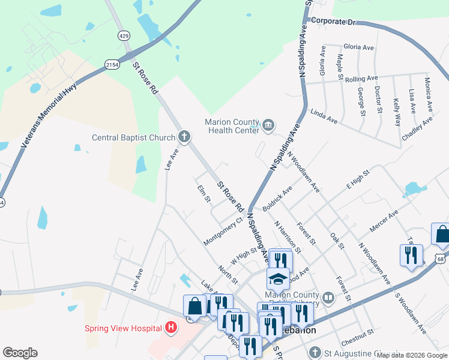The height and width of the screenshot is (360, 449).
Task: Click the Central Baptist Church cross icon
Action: (x=184, y=137)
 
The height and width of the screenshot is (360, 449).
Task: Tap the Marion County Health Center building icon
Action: (x=268, y=125)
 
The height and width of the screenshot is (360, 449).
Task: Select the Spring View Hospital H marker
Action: (x=171, y=328)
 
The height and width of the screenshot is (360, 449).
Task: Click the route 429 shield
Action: (x=124, y=36)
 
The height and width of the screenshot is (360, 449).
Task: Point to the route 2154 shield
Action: (x=111, y=64)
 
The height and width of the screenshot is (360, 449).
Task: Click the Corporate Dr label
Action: (x=334, y=22)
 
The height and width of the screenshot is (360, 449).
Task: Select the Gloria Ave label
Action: (x=358, y=47)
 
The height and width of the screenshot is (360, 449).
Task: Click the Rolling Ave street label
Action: (x=361, y=79)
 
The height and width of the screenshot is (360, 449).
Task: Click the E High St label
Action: (x=358, y=181)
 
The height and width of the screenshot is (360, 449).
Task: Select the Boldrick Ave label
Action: (x=277, y=197)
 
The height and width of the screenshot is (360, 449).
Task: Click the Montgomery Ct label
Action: (x=223, y=231)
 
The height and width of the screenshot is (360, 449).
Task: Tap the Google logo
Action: (x=20, y=353)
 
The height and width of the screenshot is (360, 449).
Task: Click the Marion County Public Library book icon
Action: (x=328, y=297)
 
